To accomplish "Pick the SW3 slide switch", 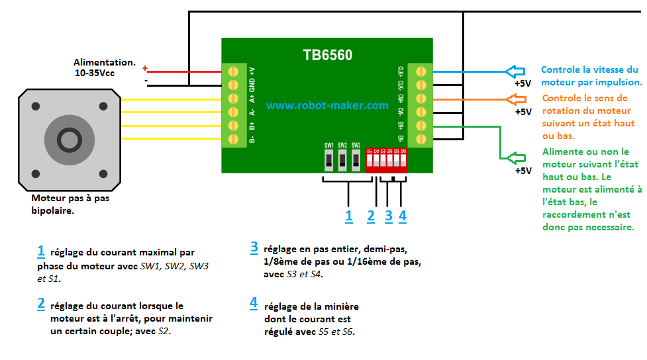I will coord(356,159).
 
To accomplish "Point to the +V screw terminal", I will coord(233,71).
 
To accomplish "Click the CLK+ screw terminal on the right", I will coord(420,71).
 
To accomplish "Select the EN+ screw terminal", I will coord(420,125).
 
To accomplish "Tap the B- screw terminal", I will coord(233,139).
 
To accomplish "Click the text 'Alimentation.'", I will coord(105,62).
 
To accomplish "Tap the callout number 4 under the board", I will coord(402,215).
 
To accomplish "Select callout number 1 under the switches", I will coord(349,215).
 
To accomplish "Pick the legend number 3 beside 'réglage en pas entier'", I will coord(254,248).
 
